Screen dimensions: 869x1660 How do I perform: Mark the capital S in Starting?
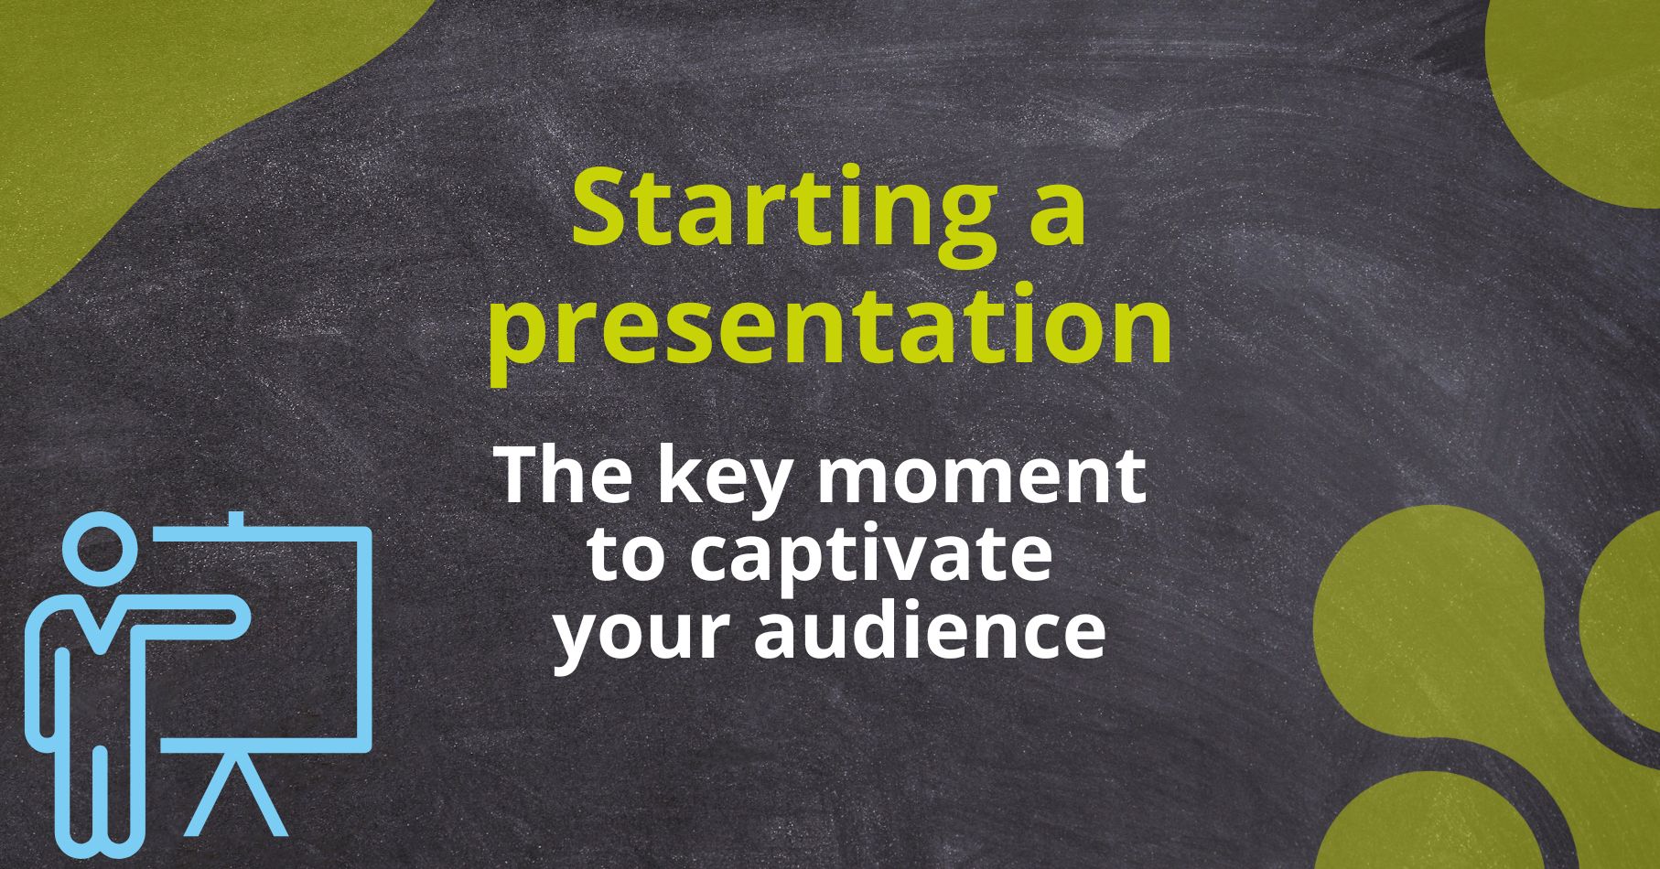[x=600, y=209]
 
